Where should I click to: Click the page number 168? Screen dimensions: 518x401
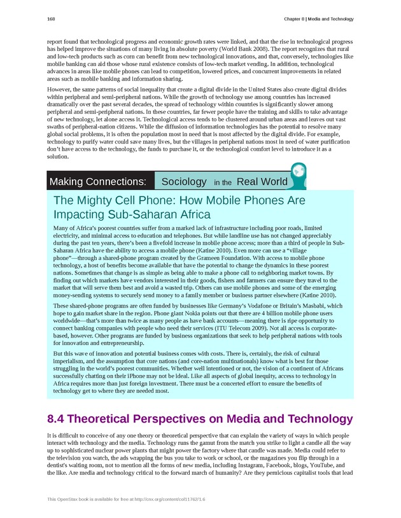click(51, 19)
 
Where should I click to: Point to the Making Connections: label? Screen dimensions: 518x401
click(98, 182)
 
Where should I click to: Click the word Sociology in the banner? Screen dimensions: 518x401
click(184, 182)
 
